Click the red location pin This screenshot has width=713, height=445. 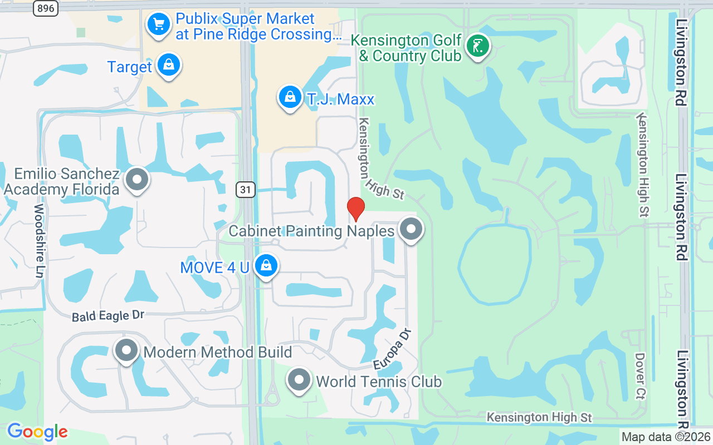[356, 209]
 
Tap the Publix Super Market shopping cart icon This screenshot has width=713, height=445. [159, 24]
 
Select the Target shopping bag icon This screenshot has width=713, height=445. [168, 65]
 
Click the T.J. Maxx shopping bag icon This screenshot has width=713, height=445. [290, 97]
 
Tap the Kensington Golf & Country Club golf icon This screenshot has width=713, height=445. [477, 46]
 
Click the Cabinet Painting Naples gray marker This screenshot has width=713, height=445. [412, 229]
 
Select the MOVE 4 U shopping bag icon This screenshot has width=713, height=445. [266, 266]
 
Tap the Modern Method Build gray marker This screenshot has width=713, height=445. [126, 351]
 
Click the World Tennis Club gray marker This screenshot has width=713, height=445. [299, 380]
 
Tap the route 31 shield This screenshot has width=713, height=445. [246, 190]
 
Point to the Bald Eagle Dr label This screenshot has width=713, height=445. [108, 316]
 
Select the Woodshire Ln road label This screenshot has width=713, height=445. [39, 240]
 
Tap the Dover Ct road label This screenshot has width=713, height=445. [640, 376]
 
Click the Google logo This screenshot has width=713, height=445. [37, 432]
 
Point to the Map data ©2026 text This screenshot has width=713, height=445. [665, 437]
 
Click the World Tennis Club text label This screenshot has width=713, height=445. [379, 382]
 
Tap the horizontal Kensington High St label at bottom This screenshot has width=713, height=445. [539, 417]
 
